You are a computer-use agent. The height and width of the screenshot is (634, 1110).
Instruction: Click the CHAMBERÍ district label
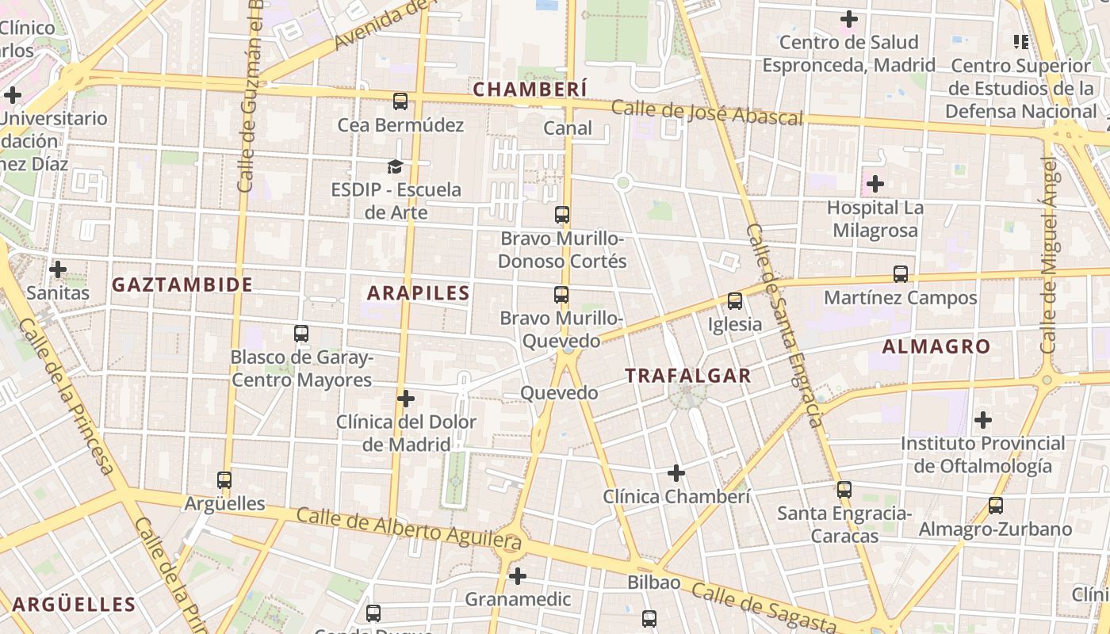tap(530, 89)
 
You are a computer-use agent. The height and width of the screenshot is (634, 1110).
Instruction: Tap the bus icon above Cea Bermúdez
tap(400, 101)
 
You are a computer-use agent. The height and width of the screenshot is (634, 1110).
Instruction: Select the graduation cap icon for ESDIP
tap(395, 166)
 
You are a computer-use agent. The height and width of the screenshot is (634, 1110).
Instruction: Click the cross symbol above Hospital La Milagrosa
tap(875, 185)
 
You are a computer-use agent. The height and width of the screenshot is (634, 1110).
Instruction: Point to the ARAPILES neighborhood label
tap(419, 293)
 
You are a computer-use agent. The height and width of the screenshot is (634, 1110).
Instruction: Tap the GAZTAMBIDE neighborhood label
tap(182, 285)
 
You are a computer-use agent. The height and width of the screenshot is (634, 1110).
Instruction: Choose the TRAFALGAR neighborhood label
tap(687, 376)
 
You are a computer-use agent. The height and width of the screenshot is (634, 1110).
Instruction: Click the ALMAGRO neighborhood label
tap(936, 346)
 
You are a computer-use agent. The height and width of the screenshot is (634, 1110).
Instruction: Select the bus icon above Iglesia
tap(735, 301)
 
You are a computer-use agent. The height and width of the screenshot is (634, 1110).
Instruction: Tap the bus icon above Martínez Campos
tap(901, 274)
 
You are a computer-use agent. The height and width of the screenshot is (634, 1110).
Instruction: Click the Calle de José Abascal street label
tap(707, 113)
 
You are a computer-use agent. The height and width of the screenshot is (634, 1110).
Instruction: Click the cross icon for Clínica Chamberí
tap(676, 474)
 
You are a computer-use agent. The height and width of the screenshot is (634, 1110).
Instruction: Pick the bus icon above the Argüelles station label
tap(224, 480)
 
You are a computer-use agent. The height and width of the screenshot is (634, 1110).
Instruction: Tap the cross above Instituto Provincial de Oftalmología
tap(983, 420)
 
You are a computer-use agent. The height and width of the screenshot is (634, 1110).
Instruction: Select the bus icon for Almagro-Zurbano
tap(996, 506)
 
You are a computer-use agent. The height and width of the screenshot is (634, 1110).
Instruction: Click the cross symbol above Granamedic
tap(518, 575)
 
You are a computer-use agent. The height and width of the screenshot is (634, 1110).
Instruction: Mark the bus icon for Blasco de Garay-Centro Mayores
tap(301, 334)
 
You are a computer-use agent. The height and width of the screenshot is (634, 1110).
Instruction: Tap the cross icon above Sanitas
tap(58, 269)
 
